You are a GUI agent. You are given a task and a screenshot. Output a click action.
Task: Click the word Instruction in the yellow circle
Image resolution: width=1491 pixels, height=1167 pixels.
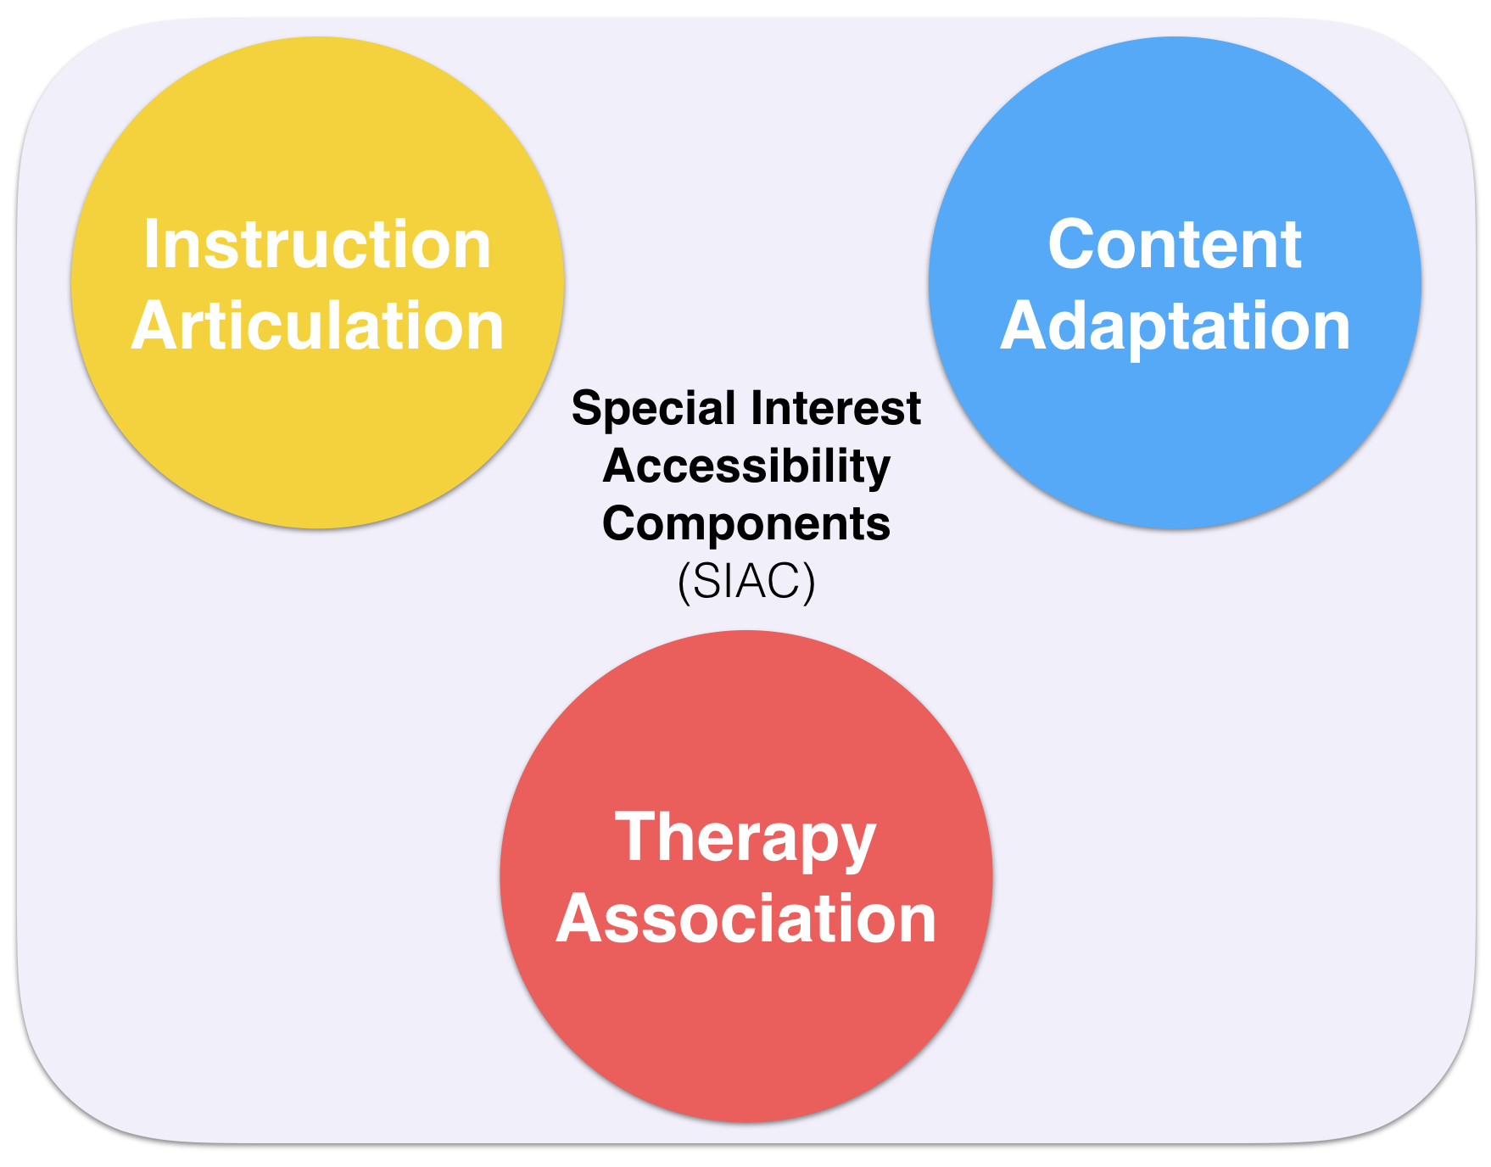coord(317,244)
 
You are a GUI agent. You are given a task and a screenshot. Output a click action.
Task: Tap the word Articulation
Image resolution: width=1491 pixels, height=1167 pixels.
coord(317,326)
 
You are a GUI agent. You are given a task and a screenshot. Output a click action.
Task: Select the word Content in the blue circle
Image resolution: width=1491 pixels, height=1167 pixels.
coord(1175,244)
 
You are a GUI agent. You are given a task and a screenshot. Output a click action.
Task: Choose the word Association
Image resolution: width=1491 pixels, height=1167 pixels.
coord(745,919)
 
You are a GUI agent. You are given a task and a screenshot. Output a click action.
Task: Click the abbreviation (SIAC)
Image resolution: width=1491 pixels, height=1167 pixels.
coord(746,582)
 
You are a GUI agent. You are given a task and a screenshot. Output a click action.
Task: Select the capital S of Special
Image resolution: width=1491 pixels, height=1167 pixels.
coord(586,409)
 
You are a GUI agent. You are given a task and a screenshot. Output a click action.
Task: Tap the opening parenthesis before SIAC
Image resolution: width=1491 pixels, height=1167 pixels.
coord(684,583)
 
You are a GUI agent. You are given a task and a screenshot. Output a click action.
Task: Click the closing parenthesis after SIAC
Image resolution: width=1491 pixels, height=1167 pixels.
coord(810,583)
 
